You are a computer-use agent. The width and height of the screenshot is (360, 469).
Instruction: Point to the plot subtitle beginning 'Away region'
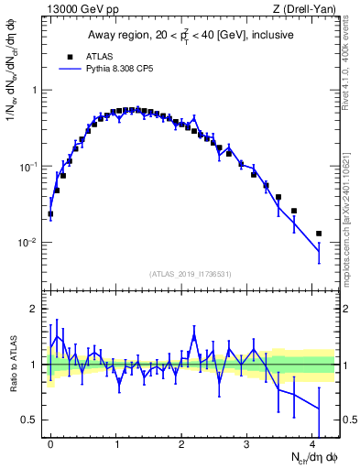coord(193,36)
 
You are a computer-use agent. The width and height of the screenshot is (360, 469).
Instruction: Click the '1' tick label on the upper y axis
coord(36,90)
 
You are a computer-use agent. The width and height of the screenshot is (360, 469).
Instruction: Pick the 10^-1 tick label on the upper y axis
coord(30,167)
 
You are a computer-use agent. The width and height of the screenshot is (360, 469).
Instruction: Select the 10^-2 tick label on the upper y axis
coord(30,243)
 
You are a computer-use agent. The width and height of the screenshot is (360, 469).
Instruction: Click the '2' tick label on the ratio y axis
coord(36,309)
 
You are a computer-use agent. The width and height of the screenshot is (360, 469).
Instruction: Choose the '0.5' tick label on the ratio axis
coord(31,420)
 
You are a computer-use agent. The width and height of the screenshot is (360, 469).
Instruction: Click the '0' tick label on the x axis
coord(50,442)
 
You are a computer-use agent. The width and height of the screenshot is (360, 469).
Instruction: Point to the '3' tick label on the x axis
coord(247,442)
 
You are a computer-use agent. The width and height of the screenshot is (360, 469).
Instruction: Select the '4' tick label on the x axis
coord(312,442)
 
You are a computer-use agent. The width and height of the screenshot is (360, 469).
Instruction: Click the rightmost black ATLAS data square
coord(319,234)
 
